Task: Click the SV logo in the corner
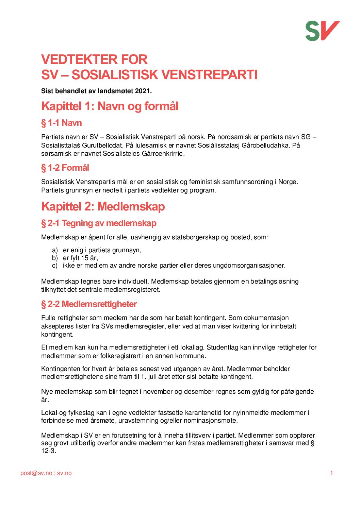(x=322, y=31)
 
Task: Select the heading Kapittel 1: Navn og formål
(x=110, y=106)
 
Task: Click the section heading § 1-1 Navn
(x=62, y=123)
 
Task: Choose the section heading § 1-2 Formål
(x=65, y=168)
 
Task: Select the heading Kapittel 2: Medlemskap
(x=103, y=206)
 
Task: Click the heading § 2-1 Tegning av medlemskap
(x=99, y=223)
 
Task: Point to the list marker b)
(x=55, y=258)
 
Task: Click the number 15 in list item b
(x=85, y=258)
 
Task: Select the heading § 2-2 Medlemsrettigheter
(x=89, y=304)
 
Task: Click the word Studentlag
(x=223, y=347)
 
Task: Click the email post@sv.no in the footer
(x=36, y=473)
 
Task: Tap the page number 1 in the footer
(x=331, y=473)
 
